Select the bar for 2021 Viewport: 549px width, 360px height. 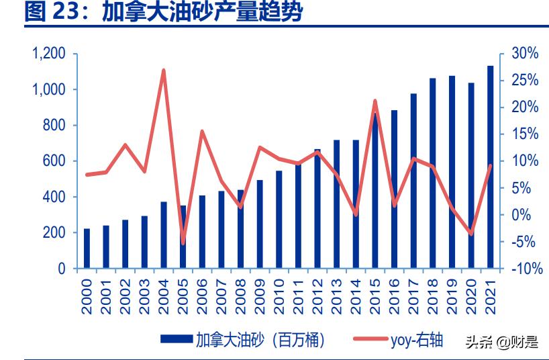[490, 168]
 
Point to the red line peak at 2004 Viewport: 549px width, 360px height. [164, 71]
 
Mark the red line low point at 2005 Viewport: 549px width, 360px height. [183, 242]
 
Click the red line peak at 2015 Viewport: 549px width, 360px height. [375, 101]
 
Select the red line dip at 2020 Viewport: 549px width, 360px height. [471, 234]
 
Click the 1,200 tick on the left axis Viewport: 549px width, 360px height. [49, 54]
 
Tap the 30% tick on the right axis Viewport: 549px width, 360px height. [524, 54]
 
